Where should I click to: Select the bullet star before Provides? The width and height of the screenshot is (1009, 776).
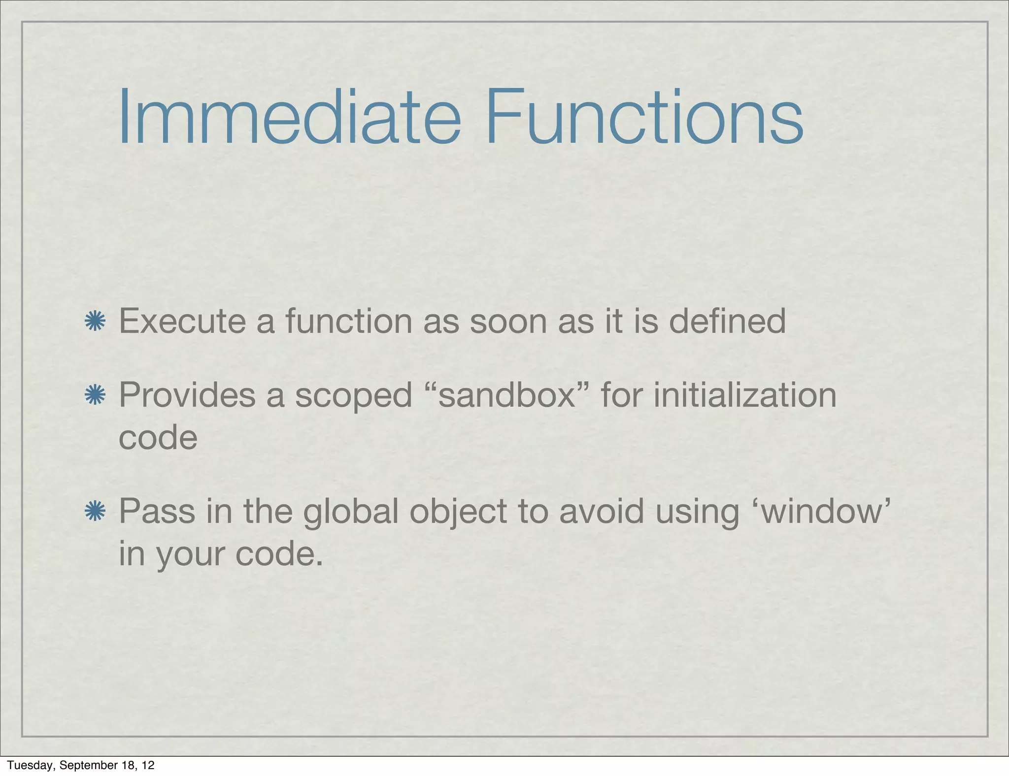tap(95, 396)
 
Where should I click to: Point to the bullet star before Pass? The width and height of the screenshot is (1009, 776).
tap(95, 512)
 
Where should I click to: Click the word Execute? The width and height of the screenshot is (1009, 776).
tap(182, 321)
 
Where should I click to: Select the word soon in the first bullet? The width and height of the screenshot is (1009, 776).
tap(508, 321)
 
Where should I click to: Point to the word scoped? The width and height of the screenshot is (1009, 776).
tap(353, 397)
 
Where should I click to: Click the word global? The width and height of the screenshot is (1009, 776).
tap(350, 512)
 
